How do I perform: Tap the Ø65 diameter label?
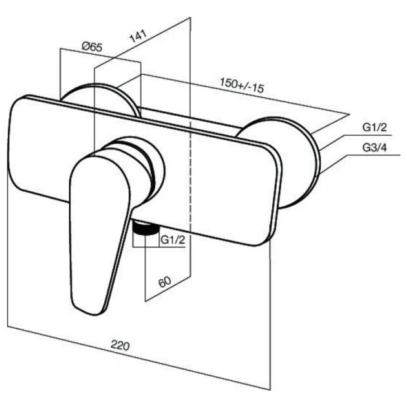[92, 47]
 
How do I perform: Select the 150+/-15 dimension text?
[241, 85]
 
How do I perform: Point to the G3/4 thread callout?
[374, 148]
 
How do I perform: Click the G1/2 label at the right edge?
[374, 128]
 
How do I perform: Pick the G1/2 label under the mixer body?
[173, 240]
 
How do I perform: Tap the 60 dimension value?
[165, 282]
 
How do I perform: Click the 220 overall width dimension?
[120, 345]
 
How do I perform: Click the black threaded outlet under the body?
[145, 227]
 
